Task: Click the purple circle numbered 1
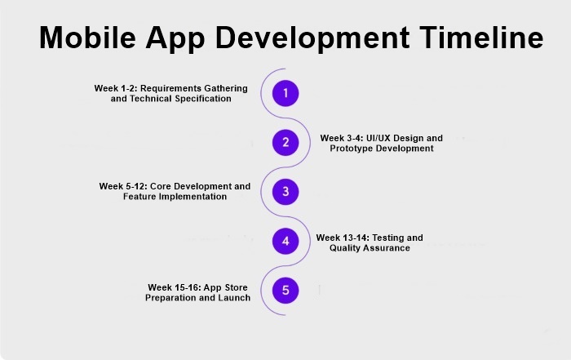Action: pos(285,93)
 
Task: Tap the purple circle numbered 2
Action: pos(285,143)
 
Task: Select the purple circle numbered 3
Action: pos(285,192)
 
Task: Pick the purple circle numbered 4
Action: pos(285,241)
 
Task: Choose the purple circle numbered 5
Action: pos(285,290)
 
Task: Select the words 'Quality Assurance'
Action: pos(370,248)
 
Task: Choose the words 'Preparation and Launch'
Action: pos(197,298)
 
